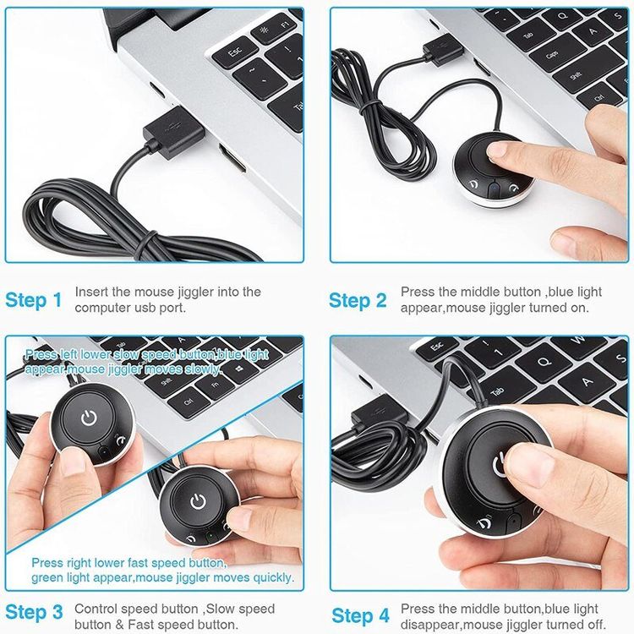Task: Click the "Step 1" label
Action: [x=34, y=300]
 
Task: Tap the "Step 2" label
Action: [x=358, y=300]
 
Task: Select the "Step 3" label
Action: [x=34, y=612]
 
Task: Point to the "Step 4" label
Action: [x=361, y=615]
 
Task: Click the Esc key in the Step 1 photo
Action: [x=235, y=52]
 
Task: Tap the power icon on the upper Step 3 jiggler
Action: [x=89, y=418]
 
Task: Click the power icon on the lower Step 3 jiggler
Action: [x=198, y=501]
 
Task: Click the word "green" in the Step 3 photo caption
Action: [x=46, y=578]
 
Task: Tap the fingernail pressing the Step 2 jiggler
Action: [x=497, y=150]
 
